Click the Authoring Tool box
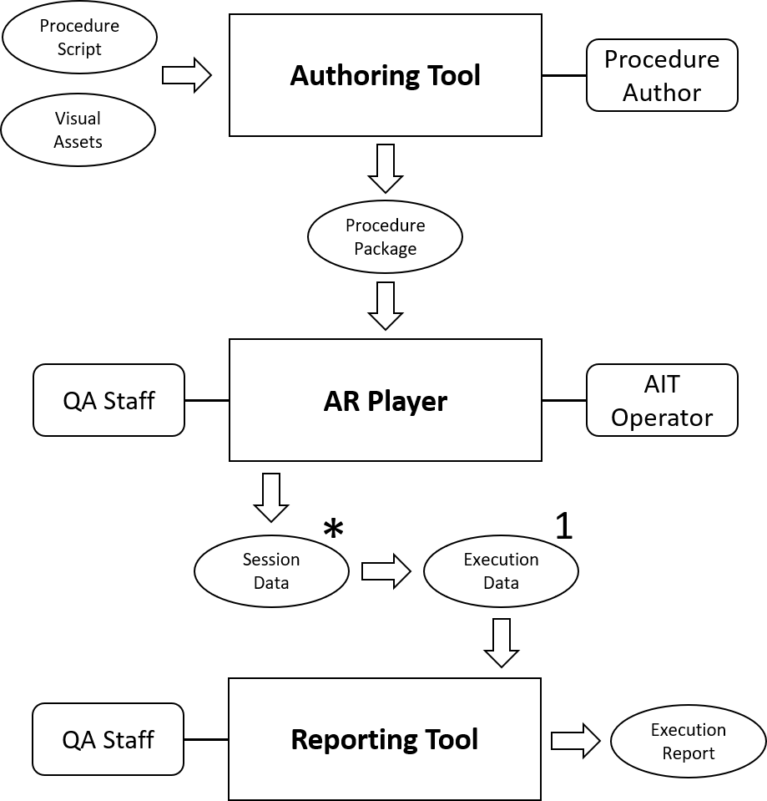385,76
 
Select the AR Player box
385,400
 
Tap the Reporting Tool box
385,739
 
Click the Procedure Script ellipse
79,38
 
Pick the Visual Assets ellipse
78,130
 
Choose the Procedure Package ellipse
385,237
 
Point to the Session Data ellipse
271,571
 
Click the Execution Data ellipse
501,571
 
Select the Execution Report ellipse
689,741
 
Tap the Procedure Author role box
662,75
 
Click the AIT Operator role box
662,401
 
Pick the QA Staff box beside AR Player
108,400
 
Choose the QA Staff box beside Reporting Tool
108,739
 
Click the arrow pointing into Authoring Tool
186,76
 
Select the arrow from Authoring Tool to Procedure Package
385,168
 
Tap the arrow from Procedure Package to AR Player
385,306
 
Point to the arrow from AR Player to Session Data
271,498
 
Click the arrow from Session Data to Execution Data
386,571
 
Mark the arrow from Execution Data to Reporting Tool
501,641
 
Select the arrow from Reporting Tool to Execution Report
575,740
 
